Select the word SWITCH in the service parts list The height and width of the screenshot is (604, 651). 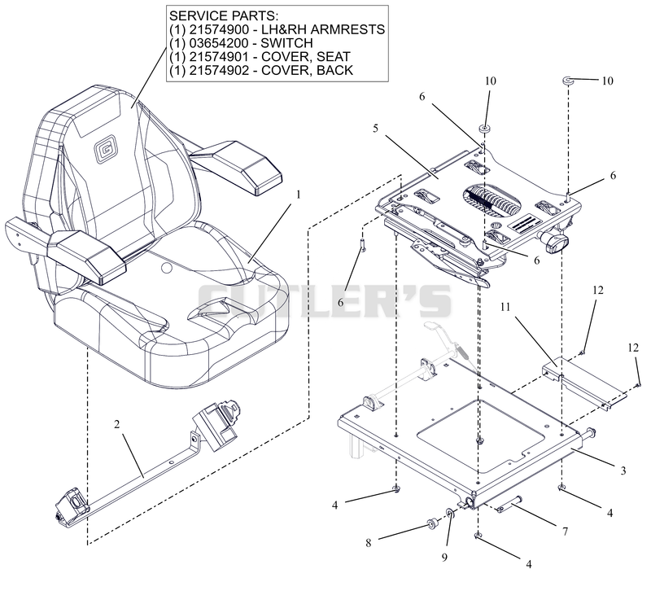[x=286, y=43]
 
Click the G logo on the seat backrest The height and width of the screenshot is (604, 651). [x=103, y=150]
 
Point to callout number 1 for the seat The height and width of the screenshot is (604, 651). [x=298, y=195]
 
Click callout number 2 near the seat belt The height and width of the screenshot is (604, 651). [x=116, y=424]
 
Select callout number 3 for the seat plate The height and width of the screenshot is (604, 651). [x=623, y=471]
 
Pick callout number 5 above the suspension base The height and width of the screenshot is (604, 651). [x=375, y=129]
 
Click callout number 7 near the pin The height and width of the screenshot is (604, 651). [x=565, y=532]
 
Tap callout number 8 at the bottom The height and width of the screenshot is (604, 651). [x=369, y=542]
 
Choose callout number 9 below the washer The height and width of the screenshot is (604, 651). [x=444, y=558]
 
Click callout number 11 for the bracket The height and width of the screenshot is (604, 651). [x=505, y=307]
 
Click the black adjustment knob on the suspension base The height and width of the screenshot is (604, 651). [x=554, y=241]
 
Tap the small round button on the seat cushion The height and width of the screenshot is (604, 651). [x=167, y=269]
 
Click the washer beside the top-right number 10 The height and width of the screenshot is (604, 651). [x=568, y=81]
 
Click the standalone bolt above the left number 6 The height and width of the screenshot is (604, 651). [x=363, y=244]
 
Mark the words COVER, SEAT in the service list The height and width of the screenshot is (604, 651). [x=306, y=57]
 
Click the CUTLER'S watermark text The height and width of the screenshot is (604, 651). [x=324, y=300]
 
